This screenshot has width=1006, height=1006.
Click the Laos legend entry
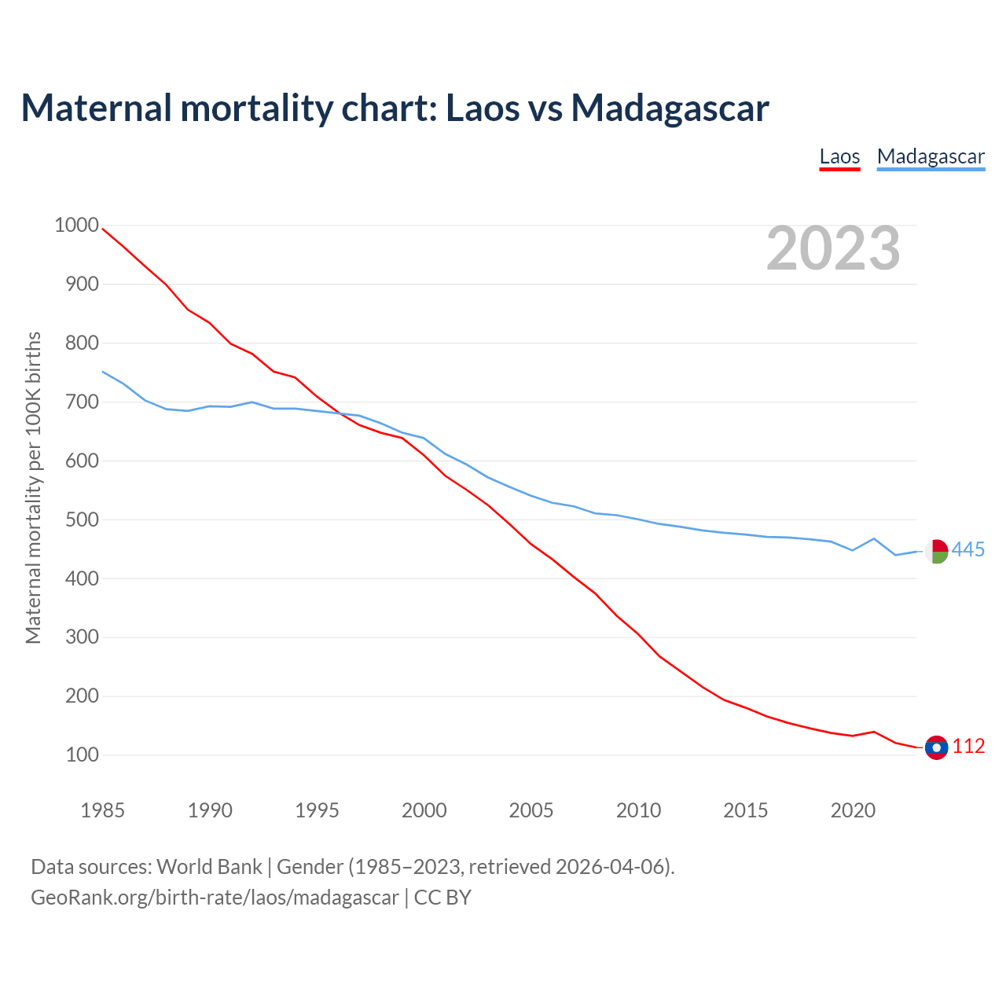[839, 156]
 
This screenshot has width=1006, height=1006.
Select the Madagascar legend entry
[931, 156]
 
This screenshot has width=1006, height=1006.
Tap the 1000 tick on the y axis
[76, 226]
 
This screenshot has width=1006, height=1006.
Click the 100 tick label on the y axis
[82, 754]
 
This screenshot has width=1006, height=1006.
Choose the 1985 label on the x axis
[102, 810]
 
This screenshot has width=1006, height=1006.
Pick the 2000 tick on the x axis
[424, 810]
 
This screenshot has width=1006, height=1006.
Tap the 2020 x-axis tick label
[853, 810]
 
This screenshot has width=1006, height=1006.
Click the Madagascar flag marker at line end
[936, 551]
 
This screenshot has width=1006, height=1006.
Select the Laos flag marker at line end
[936, 747]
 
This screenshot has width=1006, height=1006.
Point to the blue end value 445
[968, 550]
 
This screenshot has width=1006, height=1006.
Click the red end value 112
[968, 747]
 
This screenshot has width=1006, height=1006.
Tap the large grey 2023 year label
[833, 248]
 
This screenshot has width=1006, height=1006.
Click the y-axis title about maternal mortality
[33, 487]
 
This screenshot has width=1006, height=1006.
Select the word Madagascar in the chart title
[670, 108]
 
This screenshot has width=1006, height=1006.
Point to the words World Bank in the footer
[209, 867]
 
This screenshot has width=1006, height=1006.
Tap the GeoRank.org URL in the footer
[215, 898]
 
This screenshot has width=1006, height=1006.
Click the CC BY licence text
[442, 898]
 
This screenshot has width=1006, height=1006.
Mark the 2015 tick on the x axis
[745, 810]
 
